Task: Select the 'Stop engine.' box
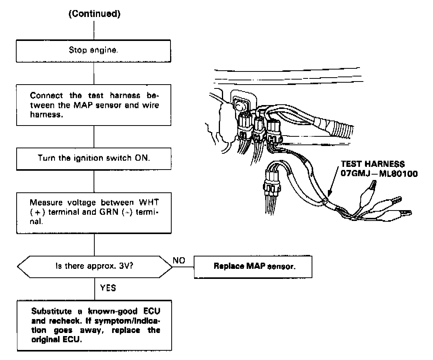[94, 51]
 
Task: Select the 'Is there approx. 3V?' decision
[94, 266]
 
